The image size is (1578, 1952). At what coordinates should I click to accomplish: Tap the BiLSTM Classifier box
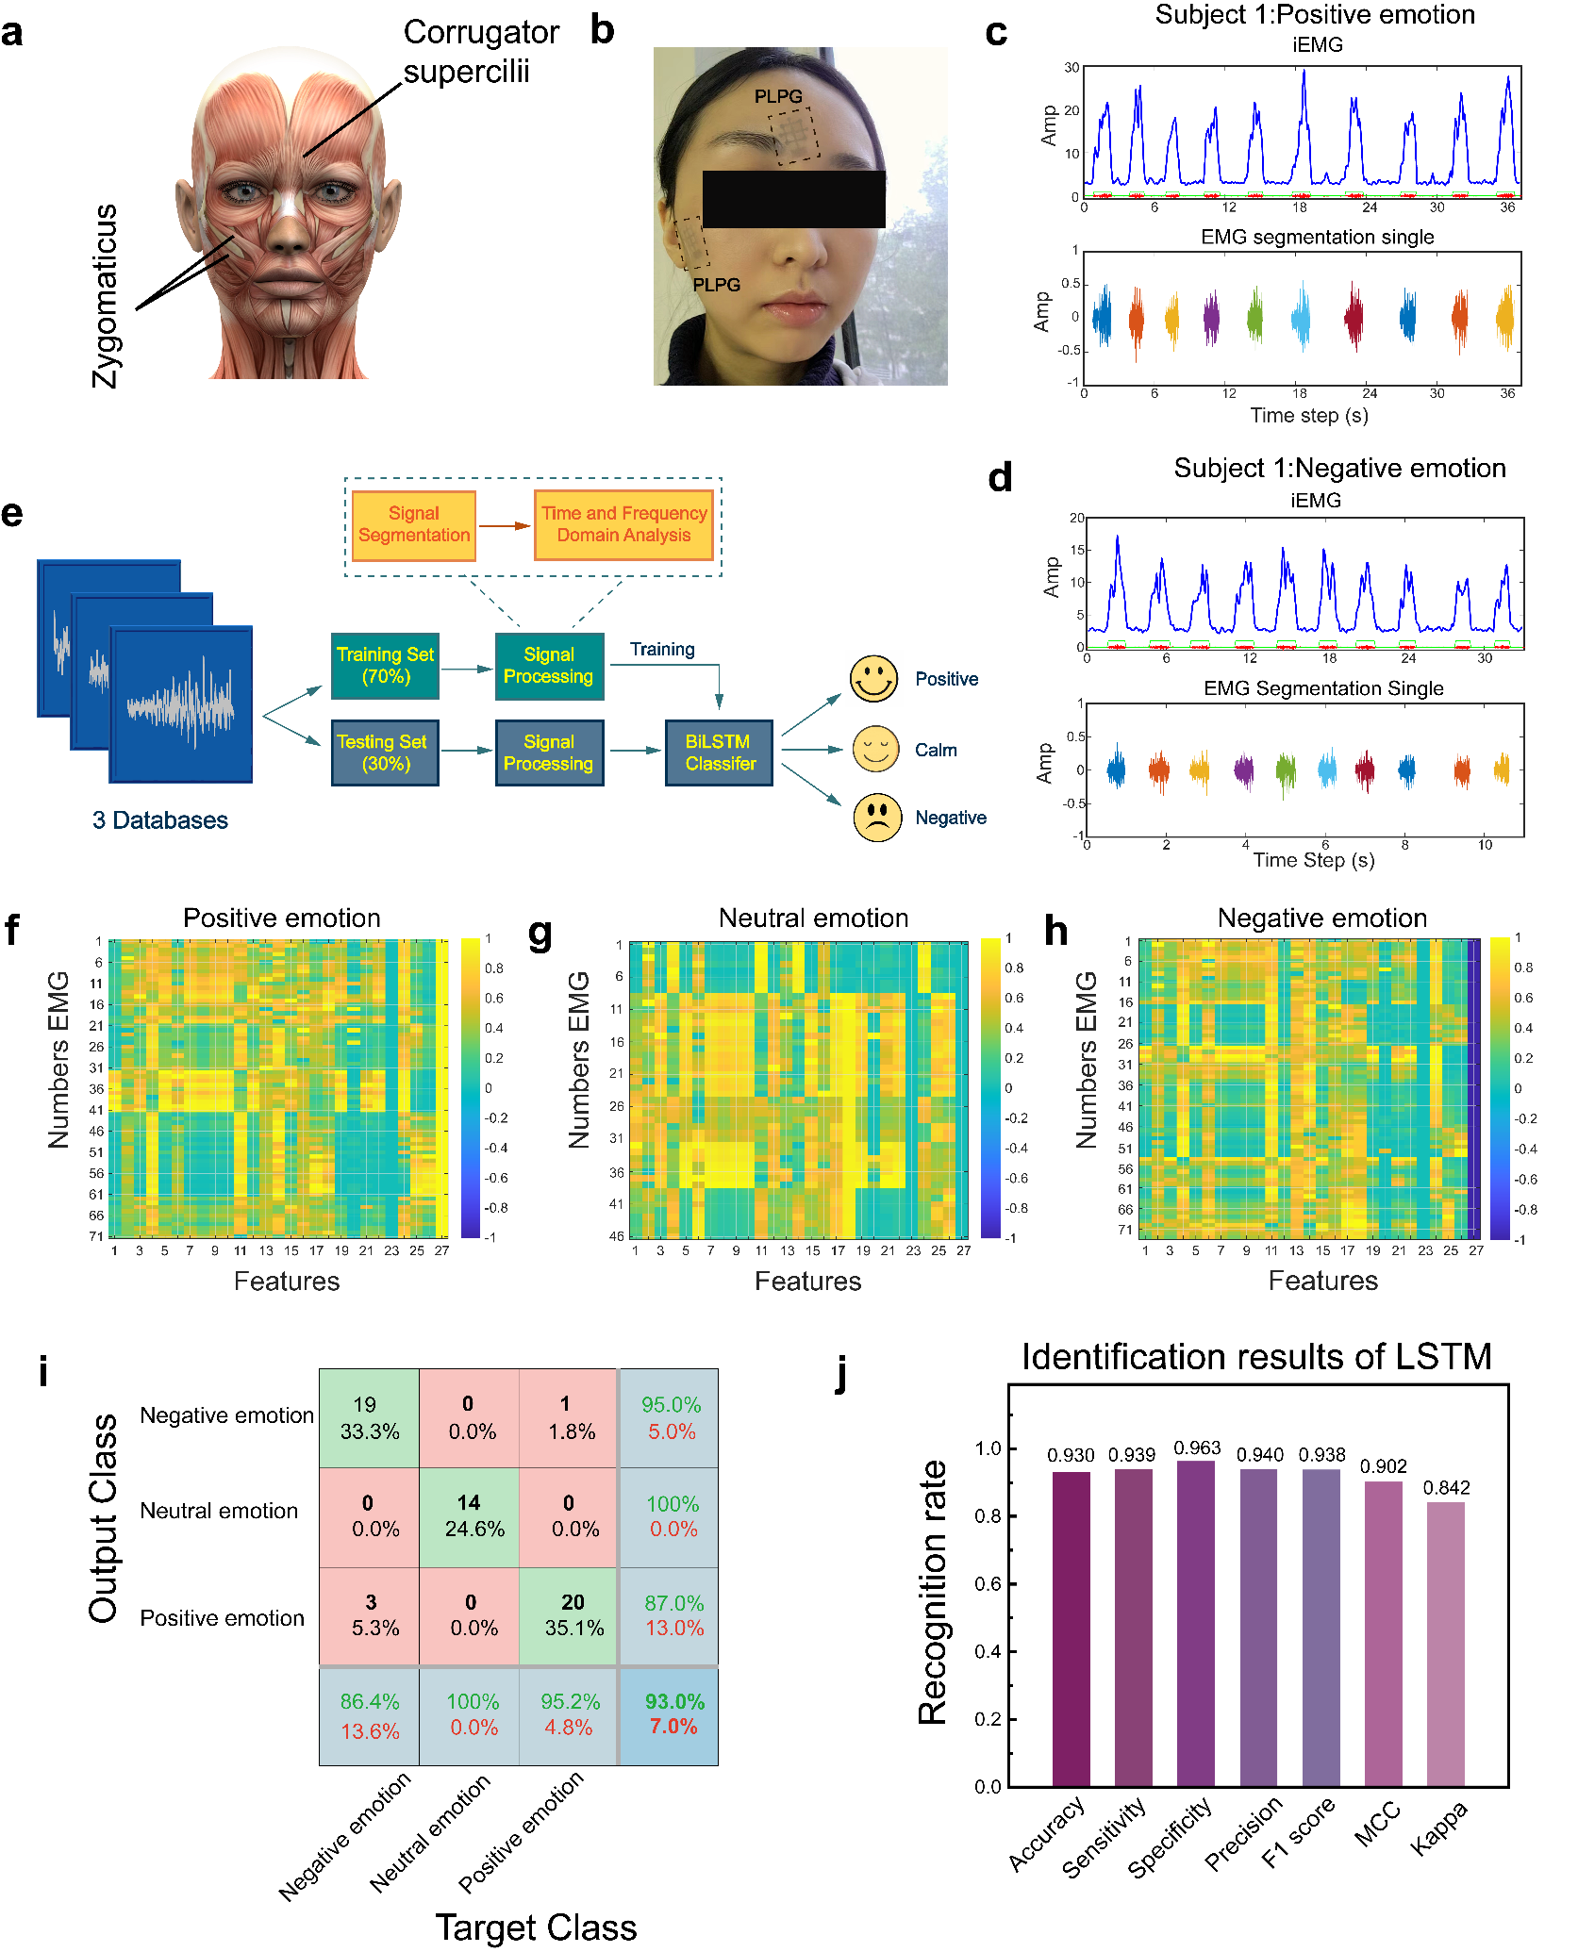click(719, 753)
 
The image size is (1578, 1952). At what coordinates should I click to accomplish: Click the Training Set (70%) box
click(385, 666)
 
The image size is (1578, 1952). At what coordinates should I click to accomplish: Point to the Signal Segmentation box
click(413, 525)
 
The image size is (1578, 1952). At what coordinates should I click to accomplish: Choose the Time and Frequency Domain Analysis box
click(623, 525)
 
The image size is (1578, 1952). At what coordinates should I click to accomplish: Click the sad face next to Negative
click(877, 818)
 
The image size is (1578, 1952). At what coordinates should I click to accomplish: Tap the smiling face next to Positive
click(873, 679)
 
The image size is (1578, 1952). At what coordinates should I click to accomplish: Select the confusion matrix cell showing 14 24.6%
click(469, 1516)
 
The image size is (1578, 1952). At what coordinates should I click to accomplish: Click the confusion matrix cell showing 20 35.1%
click(569, 1615)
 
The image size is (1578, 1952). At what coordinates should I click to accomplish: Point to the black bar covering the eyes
click(793, 199)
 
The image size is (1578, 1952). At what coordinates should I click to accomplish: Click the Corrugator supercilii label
click(480, 52)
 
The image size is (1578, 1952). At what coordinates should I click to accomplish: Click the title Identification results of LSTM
click(1255, 1357)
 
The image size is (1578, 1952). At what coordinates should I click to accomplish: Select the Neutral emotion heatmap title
click(813, 918)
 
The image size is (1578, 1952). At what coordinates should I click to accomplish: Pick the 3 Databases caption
click(160, 820)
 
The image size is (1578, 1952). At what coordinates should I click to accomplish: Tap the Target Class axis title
click(536, 1927)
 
